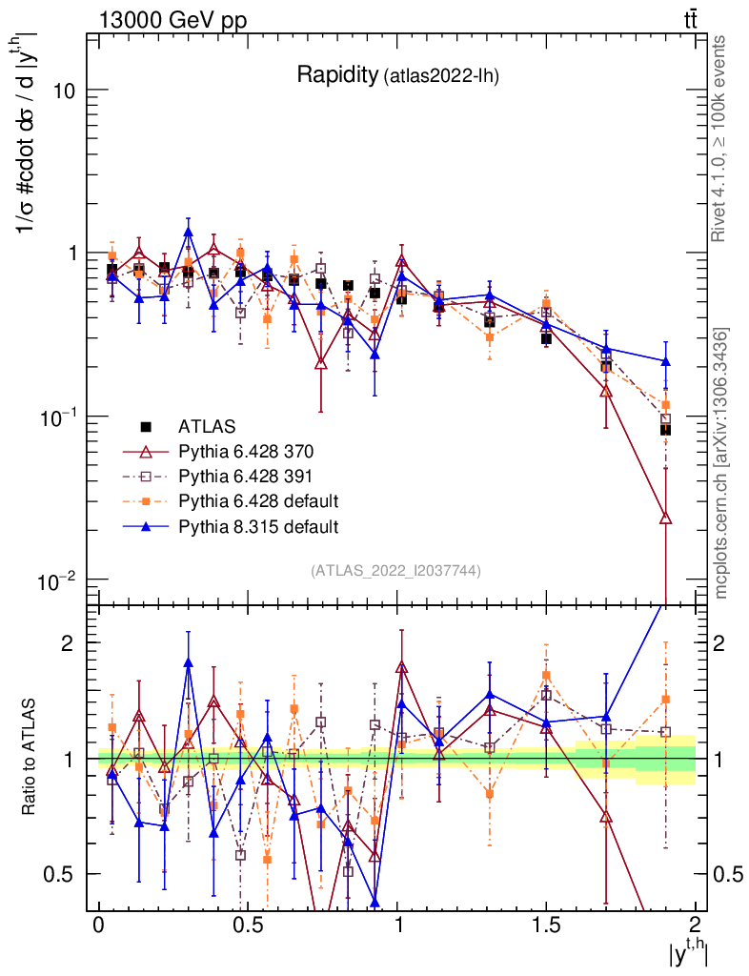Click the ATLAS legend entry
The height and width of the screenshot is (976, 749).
tap(206, 426)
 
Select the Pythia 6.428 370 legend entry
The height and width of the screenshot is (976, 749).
tap(246, 451)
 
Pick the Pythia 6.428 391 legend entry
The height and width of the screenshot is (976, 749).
tap(246, 476)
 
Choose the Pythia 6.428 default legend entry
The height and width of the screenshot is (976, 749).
tap(258, 500)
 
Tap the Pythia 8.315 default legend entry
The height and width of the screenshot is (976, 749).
tap(258, 525)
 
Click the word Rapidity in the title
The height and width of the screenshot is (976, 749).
tap(336, 75)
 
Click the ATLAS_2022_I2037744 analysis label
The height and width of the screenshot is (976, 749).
tap(395, 570)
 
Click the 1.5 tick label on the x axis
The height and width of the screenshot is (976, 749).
tap(546, 925)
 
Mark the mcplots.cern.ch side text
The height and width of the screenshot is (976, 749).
tap(722, 463)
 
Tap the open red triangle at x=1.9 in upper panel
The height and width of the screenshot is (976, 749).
tap(665, 518)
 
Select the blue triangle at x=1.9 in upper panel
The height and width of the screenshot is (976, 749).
tap(665, 361)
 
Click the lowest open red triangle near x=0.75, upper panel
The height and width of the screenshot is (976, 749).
tap(321, 363)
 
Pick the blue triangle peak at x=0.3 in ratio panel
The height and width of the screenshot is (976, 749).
tap(189, 662)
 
